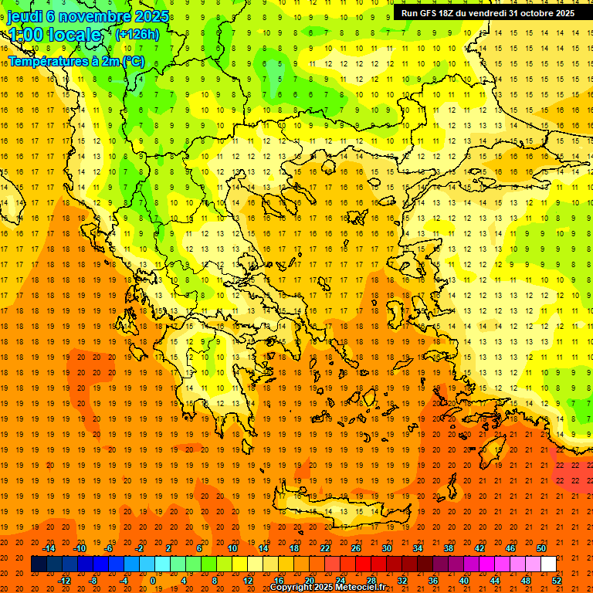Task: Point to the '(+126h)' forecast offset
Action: [x=137, y=34]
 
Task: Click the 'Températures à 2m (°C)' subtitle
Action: [x=76, y=60]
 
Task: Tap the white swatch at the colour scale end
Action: [x=548, y=564]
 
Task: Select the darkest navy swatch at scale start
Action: [x=39, y=564]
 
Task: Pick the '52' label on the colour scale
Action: [x=557, y=580]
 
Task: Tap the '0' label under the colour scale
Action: [x=154, y=580]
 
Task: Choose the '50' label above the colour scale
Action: [x=541, y=548]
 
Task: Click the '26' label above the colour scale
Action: [x=356, y=548]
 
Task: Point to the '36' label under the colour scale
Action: [x=433, y=580]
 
